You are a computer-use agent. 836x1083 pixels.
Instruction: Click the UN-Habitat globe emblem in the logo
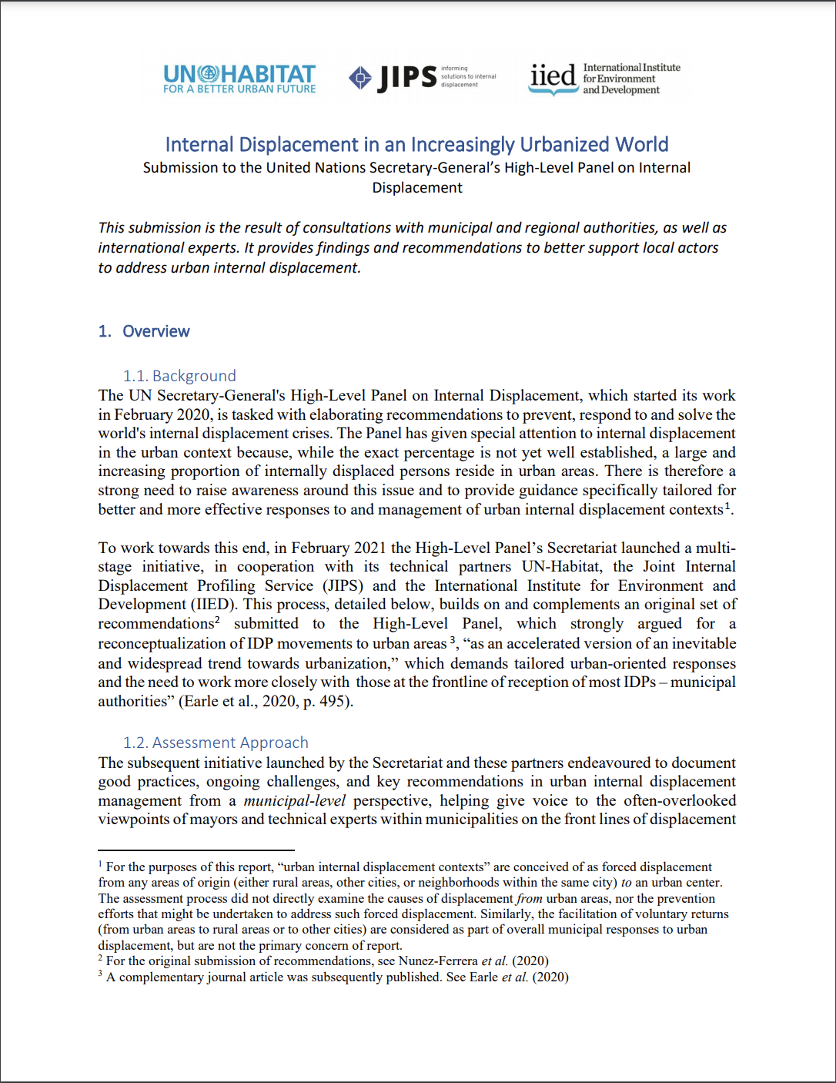(x=208, y=74)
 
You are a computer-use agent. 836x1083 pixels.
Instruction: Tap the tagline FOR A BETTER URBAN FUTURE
(x=239, y=89)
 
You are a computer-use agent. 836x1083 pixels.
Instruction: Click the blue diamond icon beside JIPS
(x=359, y=78)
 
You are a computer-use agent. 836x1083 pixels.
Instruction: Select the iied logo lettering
(x=553, y=75)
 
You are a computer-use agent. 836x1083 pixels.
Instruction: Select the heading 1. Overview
(x=144, y=331)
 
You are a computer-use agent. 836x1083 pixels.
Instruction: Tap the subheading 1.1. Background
(x=179, y=376)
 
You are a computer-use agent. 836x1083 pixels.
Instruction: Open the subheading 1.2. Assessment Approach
(x=216, y=743)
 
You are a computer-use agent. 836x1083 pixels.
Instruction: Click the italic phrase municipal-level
(x=294, y=800)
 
